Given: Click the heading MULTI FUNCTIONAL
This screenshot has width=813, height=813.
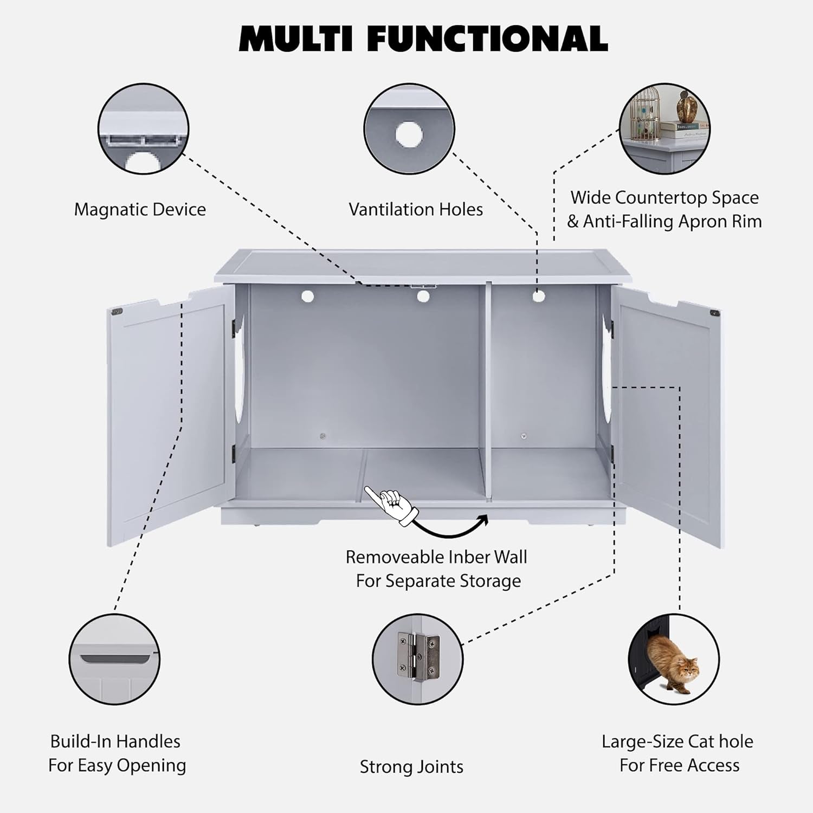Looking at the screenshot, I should pos(423,38).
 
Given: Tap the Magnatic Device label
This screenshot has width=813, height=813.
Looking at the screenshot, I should pos(140,209).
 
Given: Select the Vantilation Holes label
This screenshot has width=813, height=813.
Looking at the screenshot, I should pos(416,209).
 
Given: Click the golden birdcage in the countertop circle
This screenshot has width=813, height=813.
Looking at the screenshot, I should pos(648,111).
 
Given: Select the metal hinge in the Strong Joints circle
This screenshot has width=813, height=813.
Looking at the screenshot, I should pos(418,656).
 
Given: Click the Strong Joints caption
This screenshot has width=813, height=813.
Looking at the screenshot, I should pos(411,766).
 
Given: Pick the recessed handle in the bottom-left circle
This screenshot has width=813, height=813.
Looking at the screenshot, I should pos(114,659).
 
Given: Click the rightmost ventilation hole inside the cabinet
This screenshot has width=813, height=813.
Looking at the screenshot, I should pos(538,296).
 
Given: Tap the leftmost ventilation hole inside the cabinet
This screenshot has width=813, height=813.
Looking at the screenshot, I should pos(308,296).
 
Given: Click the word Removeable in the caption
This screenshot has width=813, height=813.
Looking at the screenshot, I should pos(387,557).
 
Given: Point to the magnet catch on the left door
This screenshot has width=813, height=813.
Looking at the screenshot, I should pos(116,312).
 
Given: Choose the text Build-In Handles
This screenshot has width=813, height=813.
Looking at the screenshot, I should pos(115,741).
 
